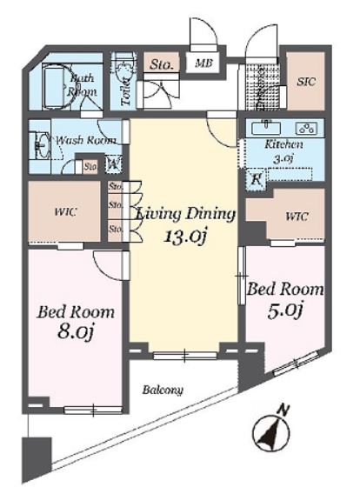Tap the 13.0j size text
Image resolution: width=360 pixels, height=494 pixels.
(184, 235)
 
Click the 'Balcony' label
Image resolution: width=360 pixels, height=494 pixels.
(163, 391)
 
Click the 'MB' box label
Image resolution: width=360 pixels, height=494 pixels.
(203, 63)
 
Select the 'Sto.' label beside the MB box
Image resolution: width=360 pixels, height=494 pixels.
(160, 63)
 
